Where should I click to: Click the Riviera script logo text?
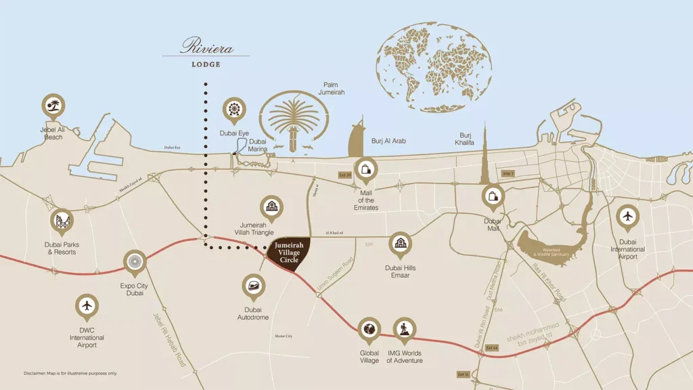[206, 47]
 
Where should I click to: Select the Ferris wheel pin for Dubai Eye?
[234, 109]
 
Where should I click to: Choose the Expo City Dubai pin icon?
[134, 261]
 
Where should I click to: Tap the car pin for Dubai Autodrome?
[254, 286]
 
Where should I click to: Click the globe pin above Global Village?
[369, 329]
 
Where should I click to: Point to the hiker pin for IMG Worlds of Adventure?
[405, 329]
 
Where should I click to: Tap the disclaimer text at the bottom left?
[61, 373]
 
